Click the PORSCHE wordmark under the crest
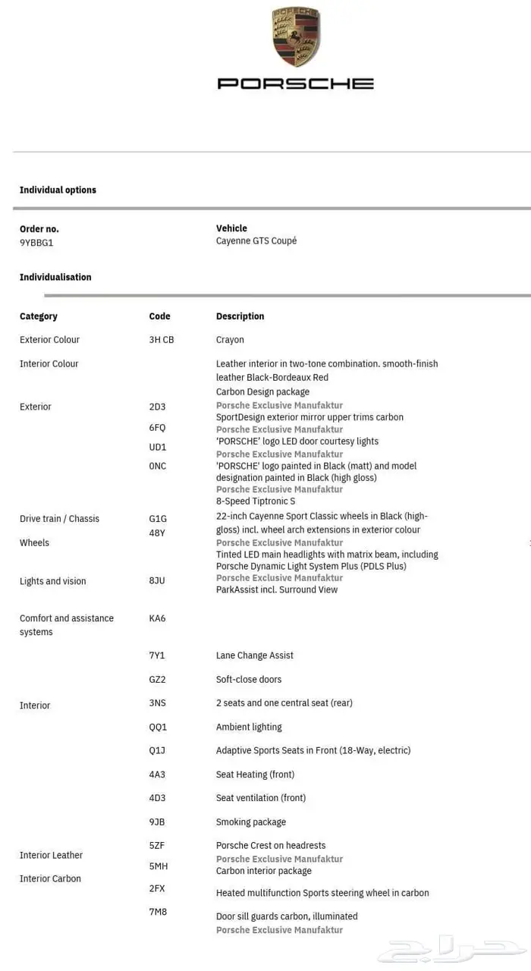point(296,83)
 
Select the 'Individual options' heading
point(58,190)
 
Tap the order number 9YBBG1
point(36,243)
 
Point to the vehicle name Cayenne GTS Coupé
point(256,241)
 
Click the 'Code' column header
point(159,316)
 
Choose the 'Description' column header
point(240,316)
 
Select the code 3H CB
point(162,340)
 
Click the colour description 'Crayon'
point(230,340)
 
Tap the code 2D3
point(157,407)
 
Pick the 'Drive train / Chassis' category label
point(59,519)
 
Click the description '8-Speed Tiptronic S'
point(256,501)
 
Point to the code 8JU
point(157,581)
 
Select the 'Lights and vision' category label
point(52,582)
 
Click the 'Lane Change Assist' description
point(254,655)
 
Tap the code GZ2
point(157,680)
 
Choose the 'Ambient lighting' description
point(249,727)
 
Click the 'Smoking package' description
point(251,822)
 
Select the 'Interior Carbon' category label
point(50,879)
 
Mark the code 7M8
point(158,912)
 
